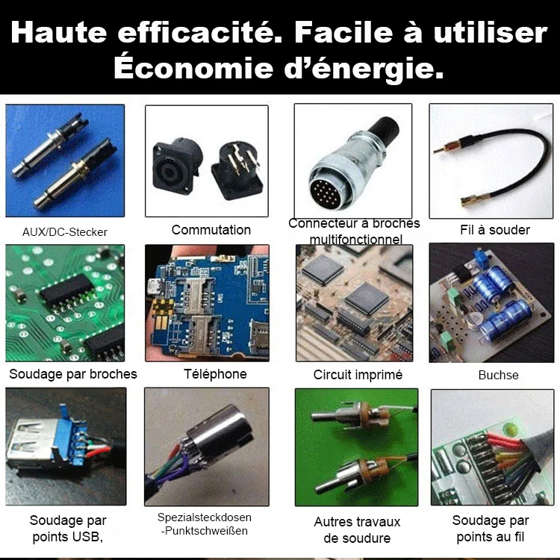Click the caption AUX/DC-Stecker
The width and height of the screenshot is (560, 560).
tap(65, 232)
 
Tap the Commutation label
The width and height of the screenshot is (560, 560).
tap(211, 230)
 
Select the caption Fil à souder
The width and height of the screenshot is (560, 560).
tap(494, 230)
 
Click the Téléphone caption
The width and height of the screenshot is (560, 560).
tap(215, 374)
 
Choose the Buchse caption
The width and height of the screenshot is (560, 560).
tap(498, 375)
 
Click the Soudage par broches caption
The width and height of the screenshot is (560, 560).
tap(73, 374)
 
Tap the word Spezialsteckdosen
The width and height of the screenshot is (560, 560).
tap(204, 517)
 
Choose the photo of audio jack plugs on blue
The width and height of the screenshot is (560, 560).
tap(65, 161)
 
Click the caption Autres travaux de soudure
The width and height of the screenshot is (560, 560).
tap(357, 530)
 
